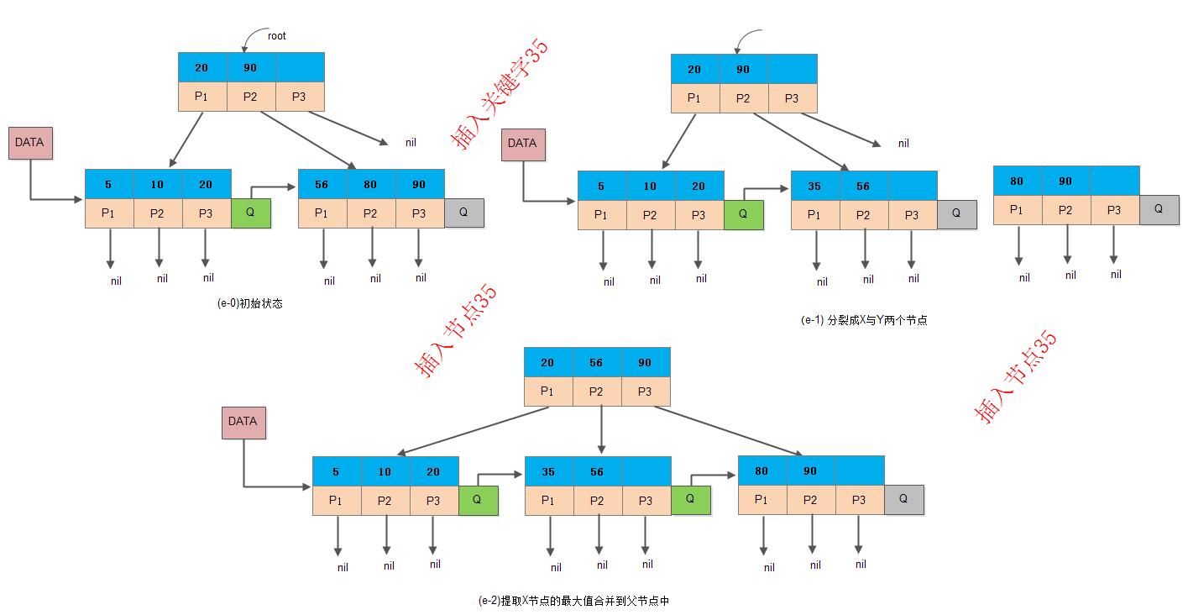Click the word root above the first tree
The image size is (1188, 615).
(276, 36)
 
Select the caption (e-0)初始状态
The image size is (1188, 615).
(250, 303)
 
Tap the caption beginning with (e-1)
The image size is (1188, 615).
(864, 320)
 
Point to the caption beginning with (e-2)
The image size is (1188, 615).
(573, 601)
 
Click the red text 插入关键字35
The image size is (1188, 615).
(499, 94)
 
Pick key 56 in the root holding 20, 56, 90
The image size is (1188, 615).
(596, 362)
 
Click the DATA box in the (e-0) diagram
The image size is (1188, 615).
(30, 143)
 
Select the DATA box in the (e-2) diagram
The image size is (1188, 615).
(243, 423)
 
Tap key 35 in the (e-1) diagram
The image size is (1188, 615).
(814, 187)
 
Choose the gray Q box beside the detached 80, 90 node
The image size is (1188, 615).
(1159, 209)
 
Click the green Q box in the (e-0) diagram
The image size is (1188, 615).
(251, 213)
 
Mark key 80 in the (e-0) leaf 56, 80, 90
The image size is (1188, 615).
(370, 184)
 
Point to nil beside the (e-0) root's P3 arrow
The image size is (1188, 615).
(411, 142)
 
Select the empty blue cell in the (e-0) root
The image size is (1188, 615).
(301, 67)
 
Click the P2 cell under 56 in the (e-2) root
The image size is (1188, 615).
(597, 392)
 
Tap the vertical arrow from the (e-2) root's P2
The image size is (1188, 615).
(601, 429)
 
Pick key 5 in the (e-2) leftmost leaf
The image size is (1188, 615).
(336, 471)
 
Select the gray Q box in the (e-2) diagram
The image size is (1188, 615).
(904, 499)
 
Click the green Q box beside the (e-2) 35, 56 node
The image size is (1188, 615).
(691, 500)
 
